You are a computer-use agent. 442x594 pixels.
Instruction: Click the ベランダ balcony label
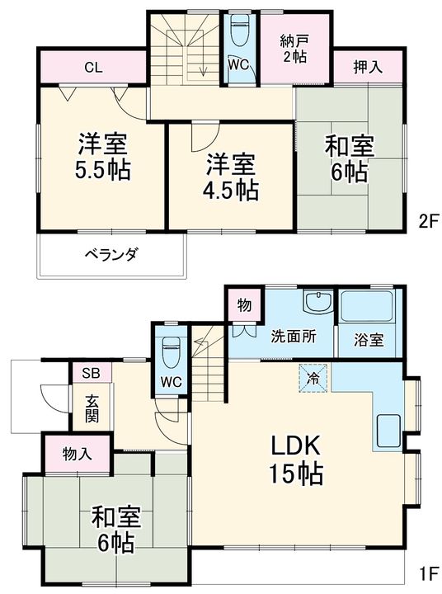[x=110, y=254]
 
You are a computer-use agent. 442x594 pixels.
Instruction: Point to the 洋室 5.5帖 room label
[x=103, y=158]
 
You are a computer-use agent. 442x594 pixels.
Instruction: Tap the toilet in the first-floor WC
[x=172, y=352]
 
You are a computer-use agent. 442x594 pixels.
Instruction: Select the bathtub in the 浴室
[x=369, y=309]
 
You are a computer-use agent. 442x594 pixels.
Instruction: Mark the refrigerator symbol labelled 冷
[x=313, y=377]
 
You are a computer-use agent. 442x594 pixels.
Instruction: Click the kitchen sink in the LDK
[x=387, y=428]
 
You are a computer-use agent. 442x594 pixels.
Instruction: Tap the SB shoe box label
[x=91, y=374]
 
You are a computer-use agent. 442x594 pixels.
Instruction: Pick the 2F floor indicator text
[x=426, y=220]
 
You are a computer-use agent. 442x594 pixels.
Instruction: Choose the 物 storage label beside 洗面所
[x=244, y=306]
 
